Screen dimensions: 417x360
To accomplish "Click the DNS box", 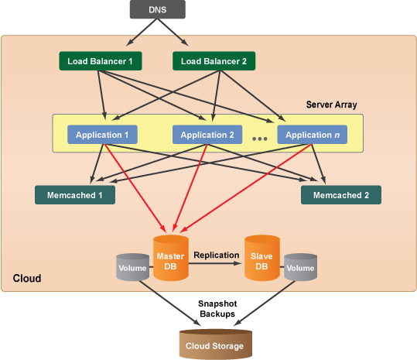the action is coord(158,9).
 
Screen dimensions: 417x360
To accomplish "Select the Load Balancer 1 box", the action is coord(101,61).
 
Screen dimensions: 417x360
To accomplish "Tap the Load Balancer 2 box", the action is coord(214,61).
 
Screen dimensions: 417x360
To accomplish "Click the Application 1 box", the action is coord(102,135).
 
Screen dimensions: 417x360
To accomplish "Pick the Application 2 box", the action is coord(207,135).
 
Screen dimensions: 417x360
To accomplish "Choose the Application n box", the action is coord(313,135).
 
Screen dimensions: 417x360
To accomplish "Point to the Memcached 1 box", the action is coord(75,195).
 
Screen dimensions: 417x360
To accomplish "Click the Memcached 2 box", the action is coord(341,195).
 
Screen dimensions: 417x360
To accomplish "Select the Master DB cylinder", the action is coord(171,258).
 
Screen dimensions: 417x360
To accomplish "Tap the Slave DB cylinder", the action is coord(262,258).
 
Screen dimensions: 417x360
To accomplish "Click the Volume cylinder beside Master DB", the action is coord(132,267).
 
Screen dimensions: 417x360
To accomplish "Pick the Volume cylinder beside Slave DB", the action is coord(300,267).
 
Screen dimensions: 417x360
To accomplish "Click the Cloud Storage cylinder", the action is coord(215,344).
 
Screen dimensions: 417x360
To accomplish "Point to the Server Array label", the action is coord(331,105).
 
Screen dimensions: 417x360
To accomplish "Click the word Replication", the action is coord(216,255).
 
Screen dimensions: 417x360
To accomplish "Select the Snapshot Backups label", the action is coord(217,309).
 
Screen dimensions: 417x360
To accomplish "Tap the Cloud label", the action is coord(27,278).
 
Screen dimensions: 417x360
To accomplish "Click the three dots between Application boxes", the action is coord(260,139).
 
